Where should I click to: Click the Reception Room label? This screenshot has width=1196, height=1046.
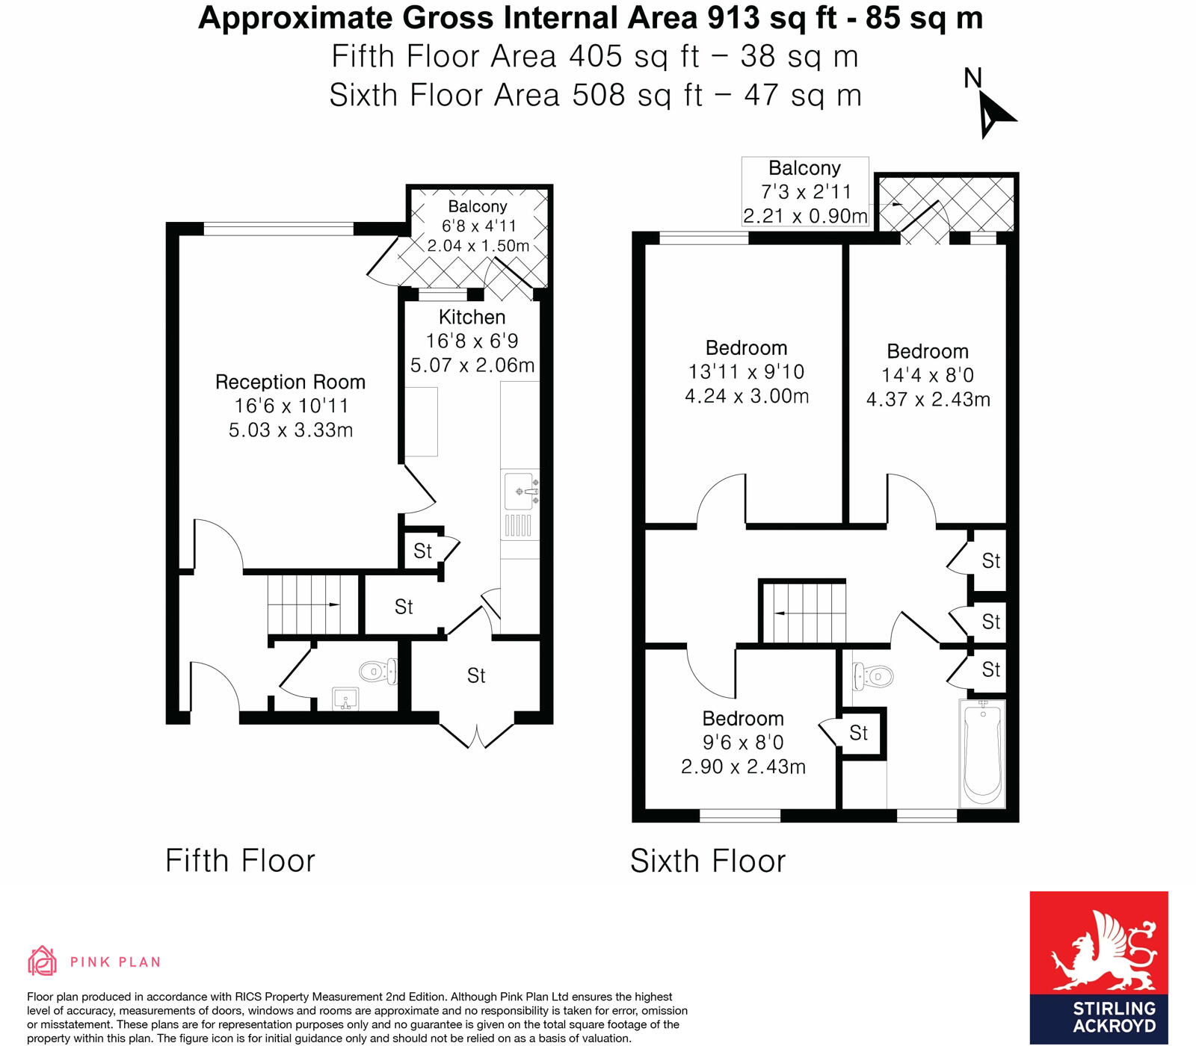click(290, 382)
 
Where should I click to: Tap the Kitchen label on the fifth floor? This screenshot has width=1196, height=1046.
click(472, 317)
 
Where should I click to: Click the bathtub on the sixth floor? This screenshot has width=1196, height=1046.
click(982, 753)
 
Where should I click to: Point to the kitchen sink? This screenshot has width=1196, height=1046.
click(520, 492)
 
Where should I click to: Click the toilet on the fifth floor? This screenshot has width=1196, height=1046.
click(377, 671)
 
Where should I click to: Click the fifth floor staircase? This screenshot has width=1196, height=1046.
click(303, 604)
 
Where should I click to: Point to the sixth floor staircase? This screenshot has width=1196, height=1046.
click(804, 613)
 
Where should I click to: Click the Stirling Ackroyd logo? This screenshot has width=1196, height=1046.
click(1098, 967)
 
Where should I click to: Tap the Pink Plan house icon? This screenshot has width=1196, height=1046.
click(42, 961)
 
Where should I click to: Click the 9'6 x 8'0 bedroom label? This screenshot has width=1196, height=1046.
click(743, 742)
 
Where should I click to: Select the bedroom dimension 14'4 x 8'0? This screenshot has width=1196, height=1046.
click(928, 375)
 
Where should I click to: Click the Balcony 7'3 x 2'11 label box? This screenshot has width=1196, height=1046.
click(805, 191)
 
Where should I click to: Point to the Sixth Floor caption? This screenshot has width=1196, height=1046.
click(707, 861)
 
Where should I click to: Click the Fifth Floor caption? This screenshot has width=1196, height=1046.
click(240, 861)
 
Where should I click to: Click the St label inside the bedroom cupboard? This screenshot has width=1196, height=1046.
click(858, 733)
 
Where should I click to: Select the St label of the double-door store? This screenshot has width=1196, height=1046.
click(476, 675)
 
